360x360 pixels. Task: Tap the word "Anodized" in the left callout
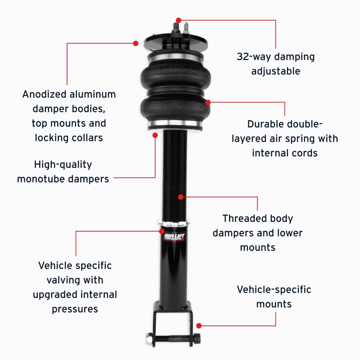(x=44, y=94)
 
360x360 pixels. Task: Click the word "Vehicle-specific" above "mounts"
(x=274, y=289)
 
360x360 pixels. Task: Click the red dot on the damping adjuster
(x=179, y=20)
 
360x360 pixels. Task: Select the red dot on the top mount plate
(x=135, y=43)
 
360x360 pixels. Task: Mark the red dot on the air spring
(x=208, y=102)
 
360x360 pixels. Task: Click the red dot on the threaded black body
(x=180, y=197)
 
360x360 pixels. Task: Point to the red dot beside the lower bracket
(x=199, y=325)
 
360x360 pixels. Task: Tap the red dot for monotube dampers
(x=155, y=135)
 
